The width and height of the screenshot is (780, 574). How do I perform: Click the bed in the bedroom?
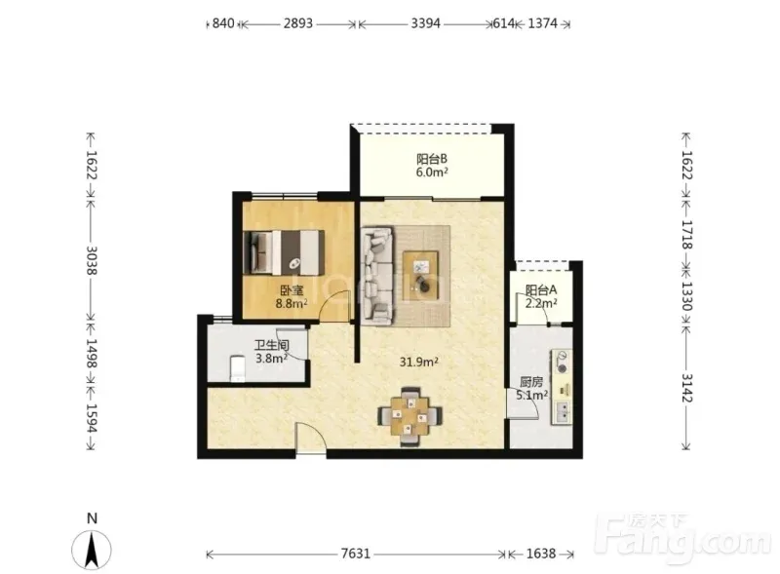click(284, 251)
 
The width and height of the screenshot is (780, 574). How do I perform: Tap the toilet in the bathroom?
click(238, 368)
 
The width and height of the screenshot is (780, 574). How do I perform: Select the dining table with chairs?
click(409, 416)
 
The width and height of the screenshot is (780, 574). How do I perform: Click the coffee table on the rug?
click(420, 276)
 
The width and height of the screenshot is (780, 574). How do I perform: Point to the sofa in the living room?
click(377, 276)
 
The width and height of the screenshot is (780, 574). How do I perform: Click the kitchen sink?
click(563, 412)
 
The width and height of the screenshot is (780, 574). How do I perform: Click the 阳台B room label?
click(432, 159)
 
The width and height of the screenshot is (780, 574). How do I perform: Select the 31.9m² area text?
click(419, 362)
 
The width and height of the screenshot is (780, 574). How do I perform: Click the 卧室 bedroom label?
click(292, 290)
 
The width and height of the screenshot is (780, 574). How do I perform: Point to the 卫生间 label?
click(272, 345)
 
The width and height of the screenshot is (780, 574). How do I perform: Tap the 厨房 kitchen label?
click(531, 382)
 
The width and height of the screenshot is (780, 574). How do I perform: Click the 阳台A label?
click(541, 289)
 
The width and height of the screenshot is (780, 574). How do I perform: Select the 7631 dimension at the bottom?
click(356, 554)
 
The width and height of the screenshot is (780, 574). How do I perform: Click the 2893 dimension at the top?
click(298, 23)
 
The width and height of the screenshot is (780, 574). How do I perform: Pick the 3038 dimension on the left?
click(92, 260)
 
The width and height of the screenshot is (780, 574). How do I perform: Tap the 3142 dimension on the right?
click(686, 388)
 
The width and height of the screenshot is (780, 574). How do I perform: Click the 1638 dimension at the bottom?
click(541, 554)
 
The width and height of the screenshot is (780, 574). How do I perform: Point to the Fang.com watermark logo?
click(685, 541)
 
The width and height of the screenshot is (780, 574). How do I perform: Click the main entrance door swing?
click(311, 437)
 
